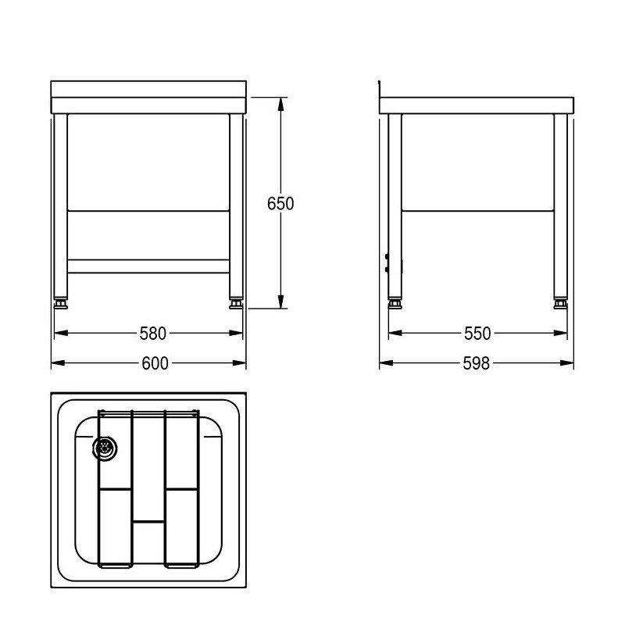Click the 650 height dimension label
point(280,204)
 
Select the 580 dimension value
point(152,334)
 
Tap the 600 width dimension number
point(155,363)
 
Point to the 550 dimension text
point(477,334)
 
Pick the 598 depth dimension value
point(477,363)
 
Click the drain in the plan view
point(105,448)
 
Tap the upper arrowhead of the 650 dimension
point(280,105)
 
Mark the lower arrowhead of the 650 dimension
point(280,301)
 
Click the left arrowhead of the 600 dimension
point(58,362)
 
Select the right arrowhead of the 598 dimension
point(567,362)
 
